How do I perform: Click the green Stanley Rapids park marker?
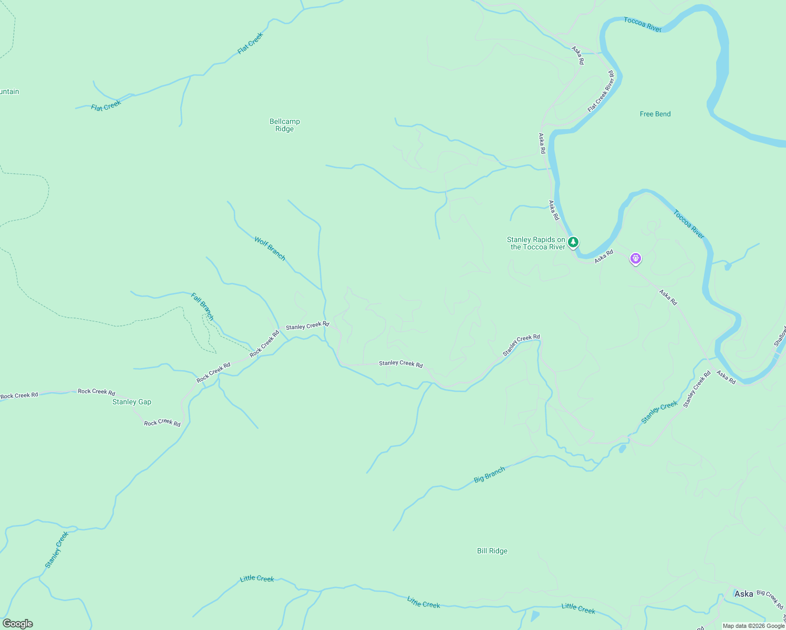573,242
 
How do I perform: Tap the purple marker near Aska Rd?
636,258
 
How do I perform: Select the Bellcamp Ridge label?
285,125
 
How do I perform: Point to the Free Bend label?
655,114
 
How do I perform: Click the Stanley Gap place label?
132,402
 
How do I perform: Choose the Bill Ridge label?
492,551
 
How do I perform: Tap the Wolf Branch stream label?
270,248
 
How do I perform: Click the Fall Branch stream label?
202,307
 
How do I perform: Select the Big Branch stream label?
490,475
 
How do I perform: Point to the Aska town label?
743,594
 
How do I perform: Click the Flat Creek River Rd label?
601,91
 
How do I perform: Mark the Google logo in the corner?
18,624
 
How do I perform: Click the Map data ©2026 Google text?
753,626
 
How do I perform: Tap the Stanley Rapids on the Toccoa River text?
536,243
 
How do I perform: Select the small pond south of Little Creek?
535,616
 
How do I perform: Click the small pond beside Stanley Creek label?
623,448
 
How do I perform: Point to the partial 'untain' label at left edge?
9,91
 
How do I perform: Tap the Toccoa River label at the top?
642,24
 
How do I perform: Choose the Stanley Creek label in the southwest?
57,550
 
